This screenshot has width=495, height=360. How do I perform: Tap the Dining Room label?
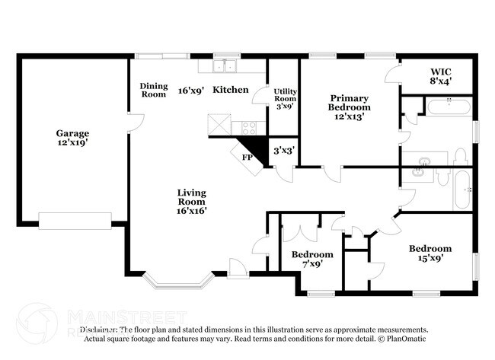coord(153,90)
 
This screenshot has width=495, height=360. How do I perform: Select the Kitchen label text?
coord(230,90)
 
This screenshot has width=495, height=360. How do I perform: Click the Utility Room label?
coord(285,98)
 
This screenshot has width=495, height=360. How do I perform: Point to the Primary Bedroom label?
coord(349,107)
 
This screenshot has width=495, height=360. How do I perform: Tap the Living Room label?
coord(192,202)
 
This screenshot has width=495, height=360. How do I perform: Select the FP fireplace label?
coord(247,158)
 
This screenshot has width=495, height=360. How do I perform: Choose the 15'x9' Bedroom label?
coord(430,253)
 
